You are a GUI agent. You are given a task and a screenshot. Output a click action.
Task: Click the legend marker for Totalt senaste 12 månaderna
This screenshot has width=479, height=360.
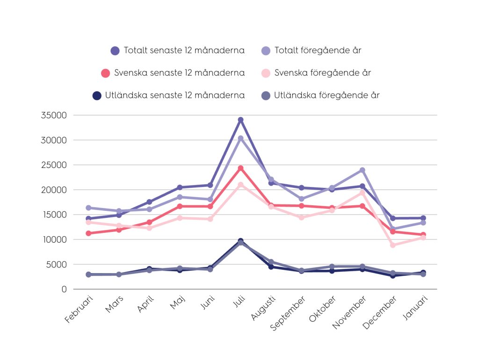click(116, 51)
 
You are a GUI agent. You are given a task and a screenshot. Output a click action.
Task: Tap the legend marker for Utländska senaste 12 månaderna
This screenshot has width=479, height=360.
click(97, 95)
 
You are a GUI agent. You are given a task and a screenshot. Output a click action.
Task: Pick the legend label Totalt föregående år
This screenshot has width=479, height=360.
click(318, 50)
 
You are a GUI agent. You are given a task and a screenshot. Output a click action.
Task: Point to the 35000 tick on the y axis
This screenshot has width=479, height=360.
click(54, 115)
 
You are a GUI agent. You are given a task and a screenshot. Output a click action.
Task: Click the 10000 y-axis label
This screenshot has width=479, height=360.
click(54, 239)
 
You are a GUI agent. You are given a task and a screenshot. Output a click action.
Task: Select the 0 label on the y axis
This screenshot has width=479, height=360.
click(64, 289)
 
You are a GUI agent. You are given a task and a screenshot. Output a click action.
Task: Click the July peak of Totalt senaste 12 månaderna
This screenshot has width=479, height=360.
click(240, 120)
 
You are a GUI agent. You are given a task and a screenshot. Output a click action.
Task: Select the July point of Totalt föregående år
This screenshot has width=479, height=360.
click(240, 138)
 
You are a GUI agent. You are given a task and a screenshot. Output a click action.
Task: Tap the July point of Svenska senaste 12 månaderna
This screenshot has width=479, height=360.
click(240, 168)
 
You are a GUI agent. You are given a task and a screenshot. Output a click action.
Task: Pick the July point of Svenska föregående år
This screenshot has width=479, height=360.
click(240, 185)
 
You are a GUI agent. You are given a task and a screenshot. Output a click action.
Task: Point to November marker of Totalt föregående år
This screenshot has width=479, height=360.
click(362, 170)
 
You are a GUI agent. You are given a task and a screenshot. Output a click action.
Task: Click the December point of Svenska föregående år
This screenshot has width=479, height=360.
click(392, 245)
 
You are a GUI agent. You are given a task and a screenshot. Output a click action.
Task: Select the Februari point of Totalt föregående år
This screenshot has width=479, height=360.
click(88, 208)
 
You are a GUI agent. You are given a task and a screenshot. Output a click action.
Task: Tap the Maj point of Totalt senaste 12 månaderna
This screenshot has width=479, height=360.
click(180, 187)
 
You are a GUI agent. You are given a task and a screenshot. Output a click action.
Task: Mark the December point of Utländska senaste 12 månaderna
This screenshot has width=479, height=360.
click(392, 276)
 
